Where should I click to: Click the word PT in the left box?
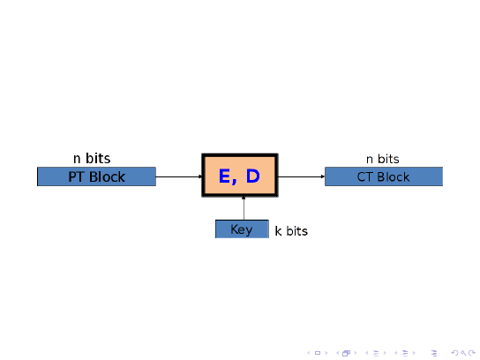76,177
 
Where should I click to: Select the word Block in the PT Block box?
107,177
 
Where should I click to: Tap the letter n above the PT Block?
77,159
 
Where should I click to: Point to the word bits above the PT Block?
98,158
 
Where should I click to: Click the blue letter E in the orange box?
224,176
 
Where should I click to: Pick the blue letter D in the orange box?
253,176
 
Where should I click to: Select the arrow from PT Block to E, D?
179,176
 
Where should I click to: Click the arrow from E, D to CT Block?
301,176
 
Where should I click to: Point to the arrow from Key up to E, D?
244,208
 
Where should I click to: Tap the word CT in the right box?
364,177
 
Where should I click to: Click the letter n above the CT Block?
370,160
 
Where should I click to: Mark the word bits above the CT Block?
388,159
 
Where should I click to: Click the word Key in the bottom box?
242,229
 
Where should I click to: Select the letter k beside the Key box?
278,231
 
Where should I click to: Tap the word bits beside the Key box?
297,231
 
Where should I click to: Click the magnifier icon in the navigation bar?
463,353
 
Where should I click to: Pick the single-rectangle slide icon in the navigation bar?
318,353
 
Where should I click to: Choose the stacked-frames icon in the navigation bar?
346,353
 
